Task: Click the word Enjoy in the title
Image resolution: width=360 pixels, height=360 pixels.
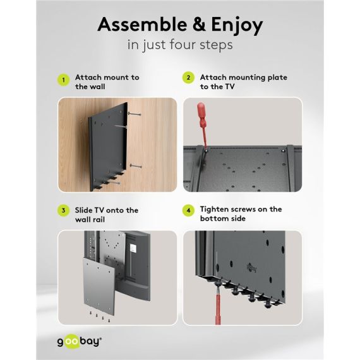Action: (233, 26)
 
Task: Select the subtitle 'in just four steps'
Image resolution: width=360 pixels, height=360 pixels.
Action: (179, 45)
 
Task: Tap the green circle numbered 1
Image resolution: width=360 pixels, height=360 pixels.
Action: (63, 81)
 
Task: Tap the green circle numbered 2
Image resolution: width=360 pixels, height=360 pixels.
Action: (188, 78)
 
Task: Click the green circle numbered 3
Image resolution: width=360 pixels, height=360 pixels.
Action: (63, 210)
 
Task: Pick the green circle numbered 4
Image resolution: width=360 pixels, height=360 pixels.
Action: (188, 210)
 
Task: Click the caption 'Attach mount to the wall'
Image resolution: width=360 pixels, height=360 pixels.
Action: (107, 81)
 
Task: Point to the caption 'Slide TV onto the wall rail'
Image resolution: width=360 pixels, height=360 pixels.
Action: (106, 214)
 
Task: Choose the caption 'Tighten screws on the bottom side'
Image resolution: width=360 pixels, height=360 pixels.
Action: (241, 213)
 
